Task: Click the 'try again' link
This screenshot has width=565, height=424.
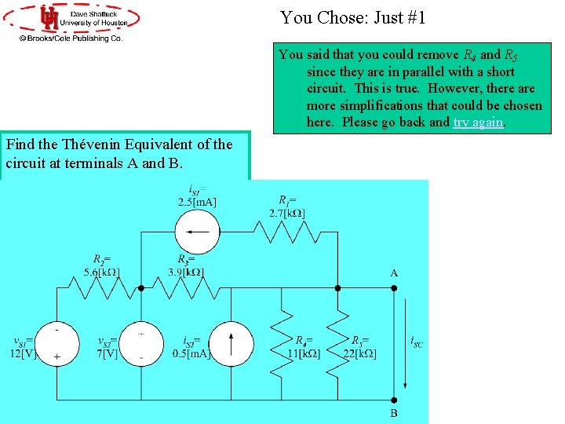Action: (479, 122)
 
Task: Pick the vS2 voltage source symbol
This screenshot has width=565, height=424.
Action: (140, 343)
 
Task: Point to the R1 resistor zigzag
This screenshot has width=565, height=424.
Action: (280, 232)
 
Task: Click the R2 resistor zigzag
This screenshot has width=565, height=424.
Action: (98, 288)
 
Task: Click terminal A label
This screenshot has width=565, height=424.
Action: (393, 273)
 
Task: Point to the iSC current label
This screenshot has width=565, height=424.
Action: (416, 342)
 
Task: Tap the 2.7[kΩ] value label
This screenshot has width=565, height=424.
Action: (286, 213)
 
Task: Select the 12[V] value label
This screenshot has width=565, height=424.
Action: (24, 353)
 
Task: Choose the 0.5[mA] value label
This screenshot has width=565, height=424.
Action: (191, 353)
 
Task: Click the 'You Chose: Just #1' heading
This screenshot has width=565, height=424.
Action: (353, 17)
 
